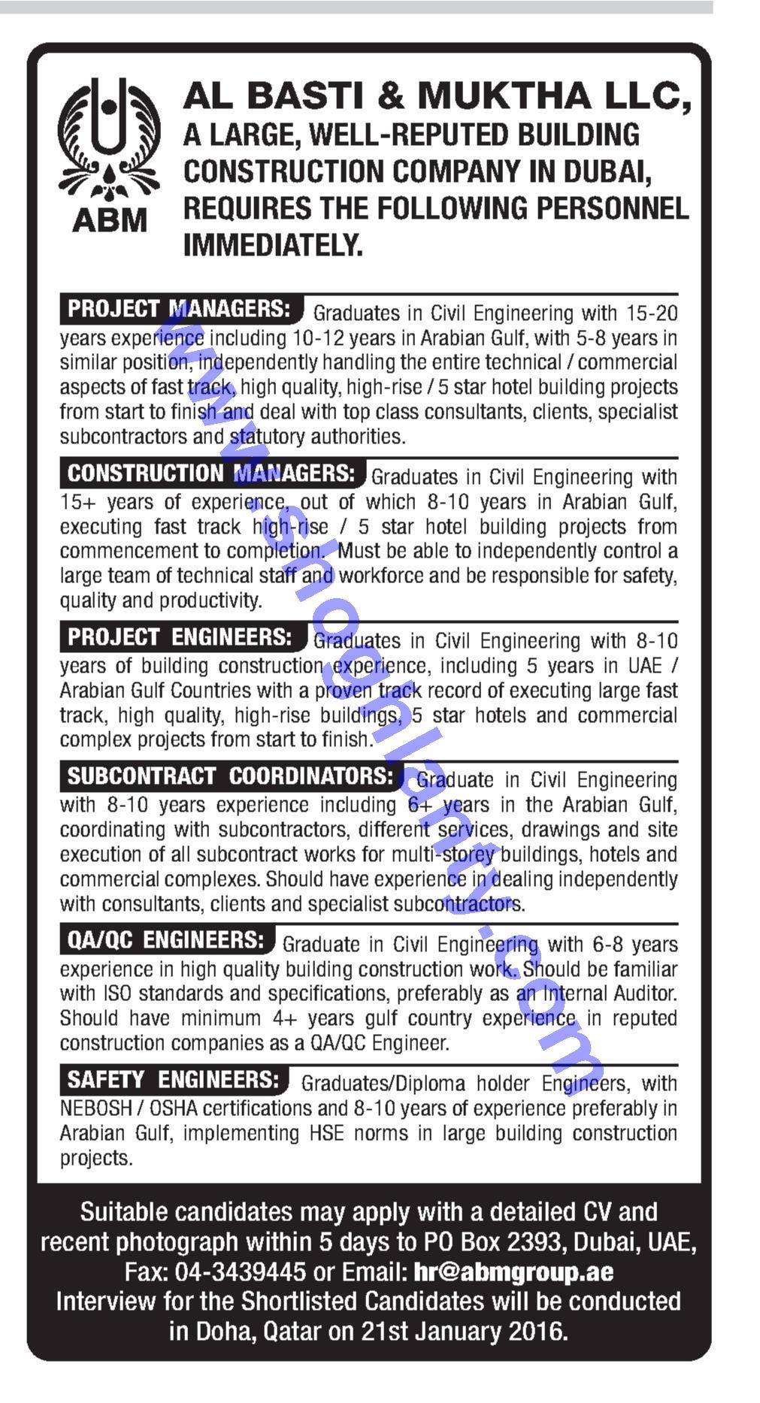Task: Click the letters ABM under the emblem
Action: point(110,220)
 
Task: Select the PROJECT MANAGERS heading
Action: point(180,309)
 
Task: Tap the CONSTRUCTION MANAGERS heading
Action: point(210,473)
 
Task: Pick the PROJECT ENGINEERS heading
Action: point(180,637)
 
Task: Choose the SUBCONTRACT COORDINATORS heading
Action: point(230,776)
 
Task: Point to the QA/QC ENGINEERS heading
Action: point(166,940)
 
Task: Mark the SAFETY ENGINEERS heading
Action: point(173,1080)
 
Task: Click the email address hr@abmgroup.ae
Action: point(513,1272)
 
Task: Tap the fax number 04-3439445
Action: point(240,1272)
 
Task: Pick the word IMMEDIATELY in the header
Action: point(273,245)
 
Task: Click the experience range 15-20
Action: point(653,313)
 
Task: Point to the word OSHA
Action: point(174,1108)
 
